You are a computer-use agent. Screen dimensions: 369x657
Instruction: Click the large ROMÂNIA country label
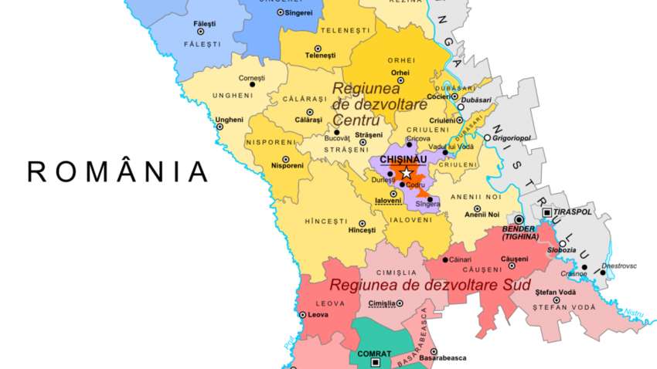click(117, 171)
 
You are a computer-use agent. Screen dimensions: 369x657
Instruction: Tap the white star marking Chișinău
click(407, 173)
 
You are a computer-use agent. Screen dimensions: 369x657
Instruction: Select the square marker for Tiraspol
click(547, 212)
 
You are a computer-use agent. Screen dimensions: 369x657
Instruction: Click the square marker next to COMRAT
click(376, 362)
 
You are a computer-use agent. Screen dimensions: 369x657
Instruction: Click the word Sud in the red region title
click(516, 286)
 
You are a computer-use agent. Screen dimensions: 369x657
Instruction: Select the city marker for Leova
click(302, 315)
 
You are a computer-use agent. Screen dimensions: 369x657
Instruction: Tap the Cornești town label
click(251, 78)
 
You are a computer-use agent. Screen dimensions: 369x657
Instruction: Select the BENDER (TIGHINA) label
click(519, 233)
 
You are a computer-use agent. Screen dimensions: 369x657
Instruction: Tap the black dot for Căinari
click(444, 260)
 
